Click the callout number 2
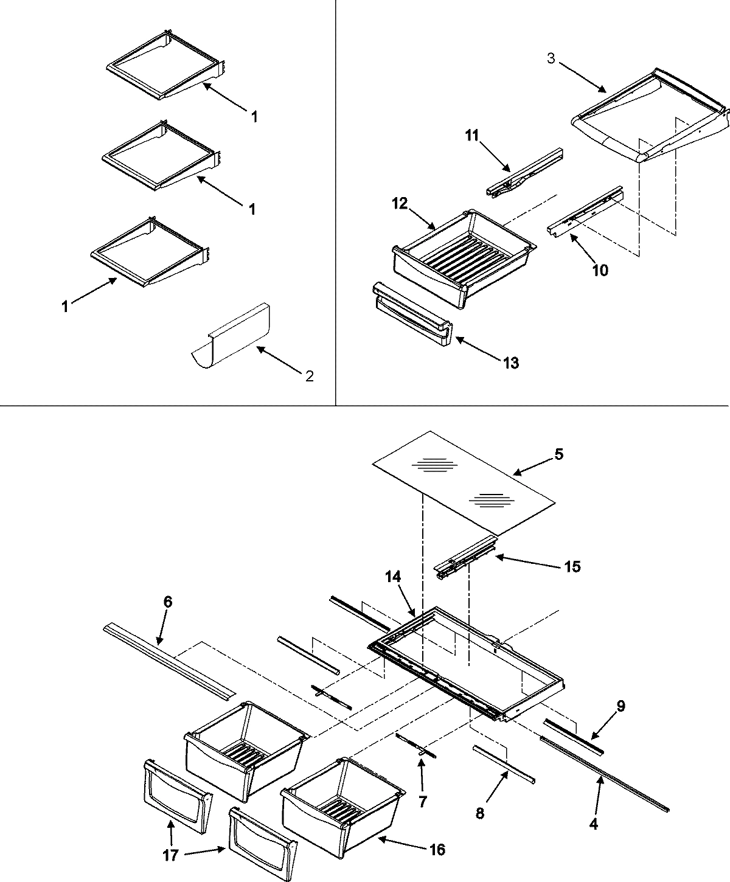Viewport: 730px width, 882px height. click(x=310, y=376)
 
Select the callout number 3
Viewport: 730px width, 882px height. click(x=550, y=60)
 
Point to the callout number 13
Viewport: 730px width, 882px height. click(x=511, y=363)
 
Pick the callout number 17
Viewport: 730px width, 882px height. click(x=170, y=855)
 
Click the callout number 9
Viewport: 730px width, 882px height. click(x=620, y=706)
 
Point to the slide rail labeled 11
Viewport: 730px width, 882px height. click(x=524, y=173)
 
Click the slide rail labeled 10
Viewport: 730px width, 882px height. click(x=584, y=210)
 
